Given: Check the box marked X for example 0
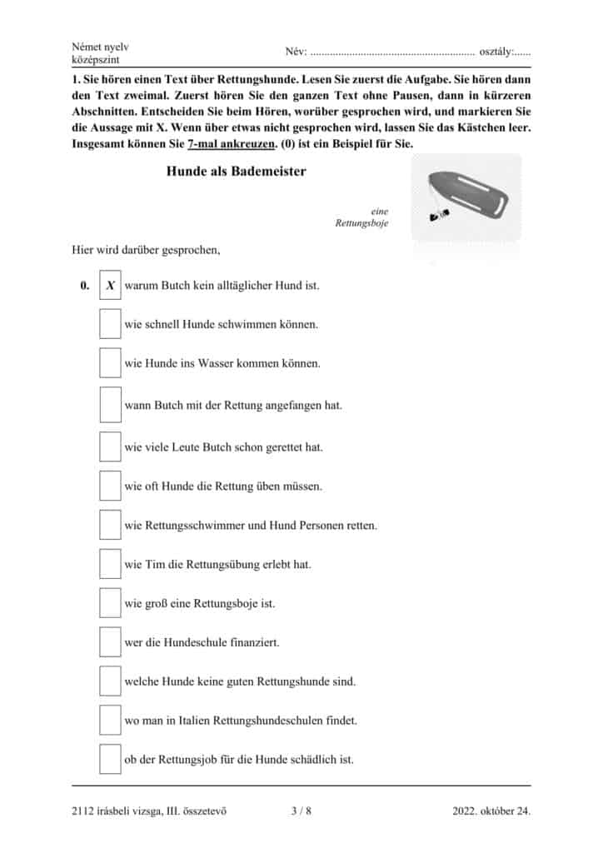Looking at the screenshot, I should point(110,285).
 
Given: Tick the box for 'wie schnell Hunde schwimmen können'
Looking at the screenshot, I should point(110,324).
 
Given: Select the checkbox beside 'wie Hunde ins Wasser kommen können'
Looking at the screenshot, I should point(110,363).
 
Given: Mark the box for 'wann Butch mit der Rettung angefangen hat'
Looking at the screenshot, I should point(110,405).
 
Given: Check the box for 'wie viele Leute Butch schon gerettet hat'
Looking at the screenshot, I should point(110,446).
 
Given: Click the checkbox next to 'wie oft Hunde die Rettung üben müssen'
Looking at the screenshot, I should point(110,486).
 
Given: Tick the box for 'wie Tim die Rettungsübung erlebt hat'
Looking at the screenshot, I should point(110,564).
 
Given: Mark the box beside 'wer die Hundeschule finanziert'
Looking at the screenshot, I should point(110,642).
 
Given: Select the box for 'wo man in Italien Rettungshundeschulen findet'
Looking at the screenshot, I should point(110,720).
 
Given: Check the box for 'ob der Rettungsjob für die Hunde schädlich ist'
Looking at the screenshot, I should point(110,759).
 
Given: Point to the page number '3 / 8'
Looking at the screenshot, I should point(301,810).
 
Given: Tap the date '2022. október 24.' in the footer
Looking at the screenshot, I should point(491,810).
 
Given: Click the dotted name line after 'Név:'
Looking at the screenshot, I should point(391,52).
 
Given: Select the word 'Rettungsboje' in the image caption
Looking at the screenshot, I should point(361,223).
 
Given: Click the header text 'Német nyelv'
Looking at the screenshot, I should point(101,47).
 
